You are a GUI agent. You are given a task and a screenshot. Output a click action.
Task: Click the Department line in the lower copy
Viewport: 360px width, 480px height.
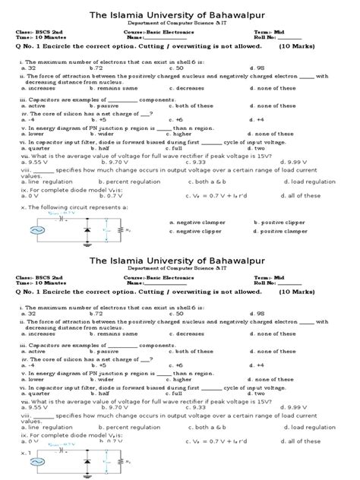click(x=179, y=268)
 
